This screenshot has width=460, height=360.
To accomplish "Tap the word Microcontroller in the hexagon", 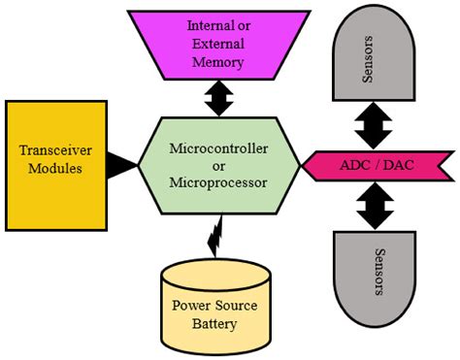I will (x=217, y=147).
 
